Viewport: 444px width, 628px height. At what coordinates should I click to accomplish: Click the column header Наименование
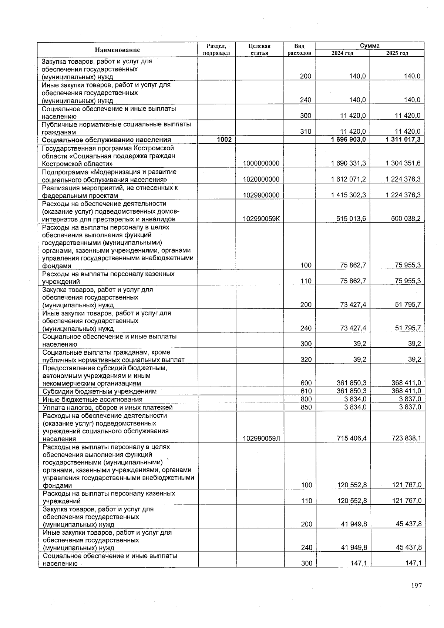click(x=117, y=50)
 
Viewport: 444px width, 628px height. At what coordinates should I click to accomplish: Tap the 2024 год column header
click(x=342, y=53)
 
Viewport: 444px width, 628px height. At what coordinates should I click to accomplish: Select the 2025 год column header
click(x=397, y=53)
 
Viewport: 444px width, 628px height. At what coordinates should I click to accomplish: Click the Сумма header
click(x=370, y=46)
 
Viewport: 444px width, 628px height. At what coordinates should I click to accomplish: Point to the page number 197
click(x=416, y=586)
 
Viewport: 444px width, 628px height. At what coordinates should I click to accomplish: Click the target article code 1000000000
click(x=261, y=163)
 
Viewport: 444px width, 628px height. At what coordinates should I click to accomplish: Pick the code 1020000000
click(x=261, y=179)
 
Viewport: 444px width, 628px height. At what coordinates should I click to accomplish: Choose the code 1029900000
click(x=261, y=195)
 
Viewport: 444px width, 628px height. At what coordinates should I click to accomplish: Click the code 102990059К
click(x=261, y=219)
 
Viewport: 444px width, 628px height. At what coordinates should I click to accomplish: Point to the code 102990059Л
click(x=261, y=438)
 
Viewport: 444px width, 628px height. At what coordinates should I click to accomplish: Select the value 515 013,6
click(x=351, y=219)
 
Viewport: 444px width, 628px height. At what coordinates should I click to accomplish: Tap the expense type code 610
click(x=306, y=391)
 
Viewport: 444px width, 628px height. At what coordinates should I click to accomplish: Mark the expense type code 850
click(x=306, y=407)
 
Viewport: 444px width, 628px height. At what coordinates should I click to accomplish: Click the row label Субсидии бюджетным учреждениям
click(x=100, y=391)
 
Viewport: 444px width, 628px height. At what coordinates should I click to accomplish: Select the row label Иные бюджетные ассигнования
click(x=92, y=400)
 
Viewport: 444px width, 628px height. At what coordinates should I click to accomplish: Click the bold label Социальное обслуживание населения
click(x=107, y=140)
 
